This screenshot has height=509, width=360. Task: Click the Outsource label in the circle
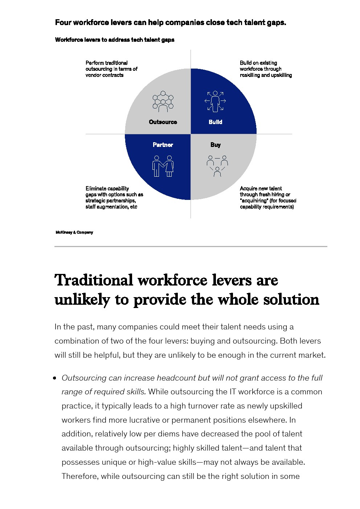click(163, 122)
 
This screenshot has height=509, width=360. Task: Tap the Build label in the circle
click(215, 122)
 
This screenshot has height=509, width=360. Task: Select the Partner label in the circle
click(163, 145)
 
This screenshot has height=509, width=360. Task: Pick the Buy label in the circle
click(216, 145)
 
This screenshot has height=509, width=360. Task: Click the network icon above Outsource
click(163, 101)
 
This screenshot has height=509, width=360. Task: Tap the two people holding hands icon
click(163, 166)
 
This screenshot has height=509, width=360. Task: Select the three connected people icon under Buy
click(217, 166)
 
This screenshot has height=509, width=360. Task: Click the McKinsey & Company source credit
click(74, 233)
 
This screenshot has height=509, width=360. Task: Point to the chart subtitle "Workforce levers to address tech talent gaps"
click(115, 40)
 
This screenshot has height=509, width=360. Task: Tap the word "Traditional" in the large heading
click(94, 280)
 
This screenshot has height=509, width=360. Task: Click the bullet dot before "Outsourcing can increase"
click(55, 378)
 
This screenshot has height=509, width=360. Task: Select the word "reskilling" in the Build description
click(250, 75)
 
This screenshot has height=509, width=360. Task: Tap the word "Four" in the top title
click(63, 22)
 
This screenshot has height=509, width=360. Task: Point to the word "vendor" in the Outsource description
click(93, 75)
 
